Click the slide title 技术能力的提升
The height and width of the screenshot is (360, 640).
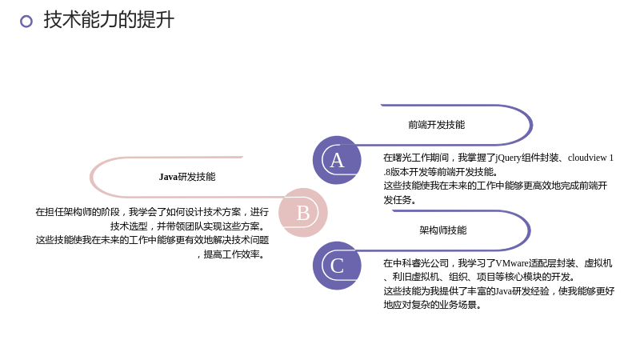[x=109, y=19]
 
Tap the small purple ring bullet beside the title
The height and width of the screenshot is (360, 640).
[x=26, y=22]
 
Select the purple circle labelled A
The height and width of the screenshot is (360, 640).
[x=337, y=160]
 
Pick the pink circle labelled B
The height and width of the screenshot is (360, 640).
[x=303, y=213]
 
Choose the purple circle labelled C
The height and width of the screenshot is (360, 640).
[x=337, y=266]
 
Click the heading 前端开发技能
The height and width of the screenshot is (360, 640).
[x=436, y=125]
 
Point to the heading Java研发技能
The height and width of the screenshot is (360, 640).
[x=187, y=177]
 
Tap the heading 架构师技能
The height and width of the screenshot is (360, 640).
[x=443, y=230]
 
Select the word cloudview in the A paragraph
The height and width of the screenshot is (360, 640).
[x=587, y=158]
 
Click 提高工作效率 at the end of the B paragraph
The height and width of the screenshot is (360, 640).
[x=231, y=254]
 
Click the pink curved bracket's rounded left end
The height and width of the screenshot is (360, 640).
[x=90, y=177]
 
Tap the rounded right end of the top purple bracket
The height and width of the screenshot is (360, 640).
[x=531, y=125]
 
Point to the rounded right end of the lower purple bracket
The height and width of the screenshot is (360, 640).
[x=530, y=230]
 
